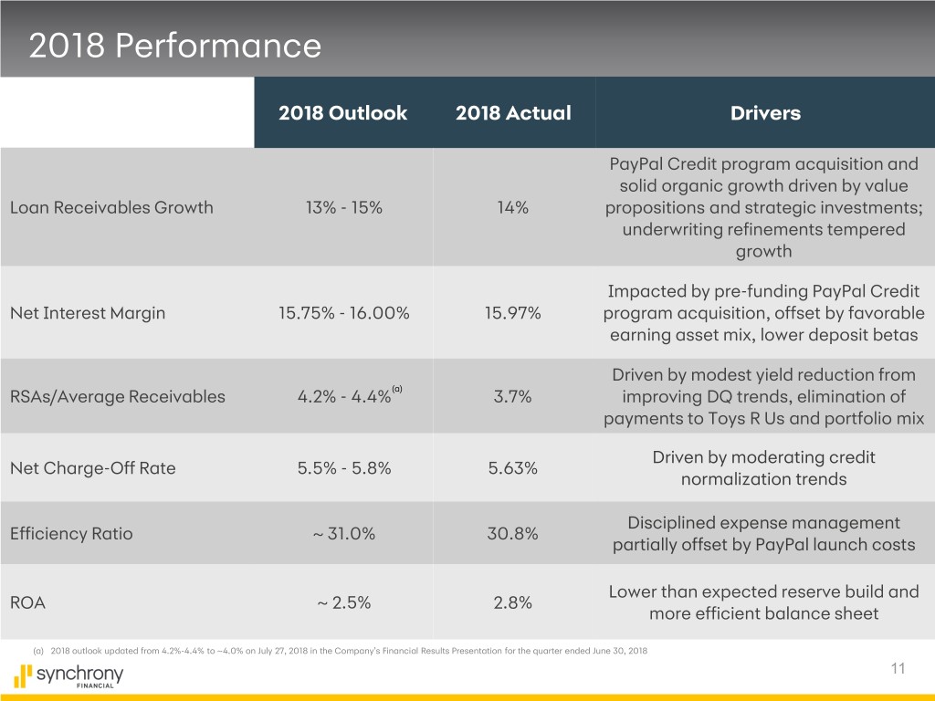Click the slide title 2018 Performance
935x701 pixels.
tap(175, 46)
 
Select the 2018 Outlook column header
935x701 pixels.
tap(343, 113)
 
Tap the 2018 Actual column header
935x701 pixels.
tap(512, 113)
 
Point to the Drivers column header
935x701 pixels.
tap(765, 113)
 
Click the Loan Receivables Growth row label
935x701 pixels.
tap(111, 207)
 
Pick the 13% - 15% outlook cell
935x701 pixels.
tap(343, 207)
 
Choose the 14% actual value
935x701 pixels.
tap(512, 207)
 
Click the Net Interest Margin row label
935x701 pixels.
tap(88, 313)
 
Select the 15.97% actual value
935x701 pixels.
tap(512, 313)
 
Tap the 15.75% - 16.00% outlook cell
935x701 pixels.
tap(343, 313)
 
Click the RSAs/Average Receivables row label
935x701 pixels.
tap(117, 396)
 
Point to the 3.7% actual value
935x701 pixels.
tap(512, 396)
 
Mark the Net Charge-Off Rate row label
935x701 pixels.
tap(92, 468)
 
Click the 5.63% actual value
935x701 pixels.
tap(512, 468)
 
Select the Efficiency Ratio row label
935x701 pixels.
tap(71, 534)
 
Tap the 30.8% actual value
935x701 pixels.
tap(512, 534)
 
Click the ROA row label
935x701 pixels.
tap(27, 602)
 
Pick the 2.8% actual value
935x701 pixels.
tap(512, 602)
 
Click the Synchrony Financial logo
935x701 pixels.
tap(69, 676)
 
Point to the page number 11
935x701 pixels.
tap(898, 669)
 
